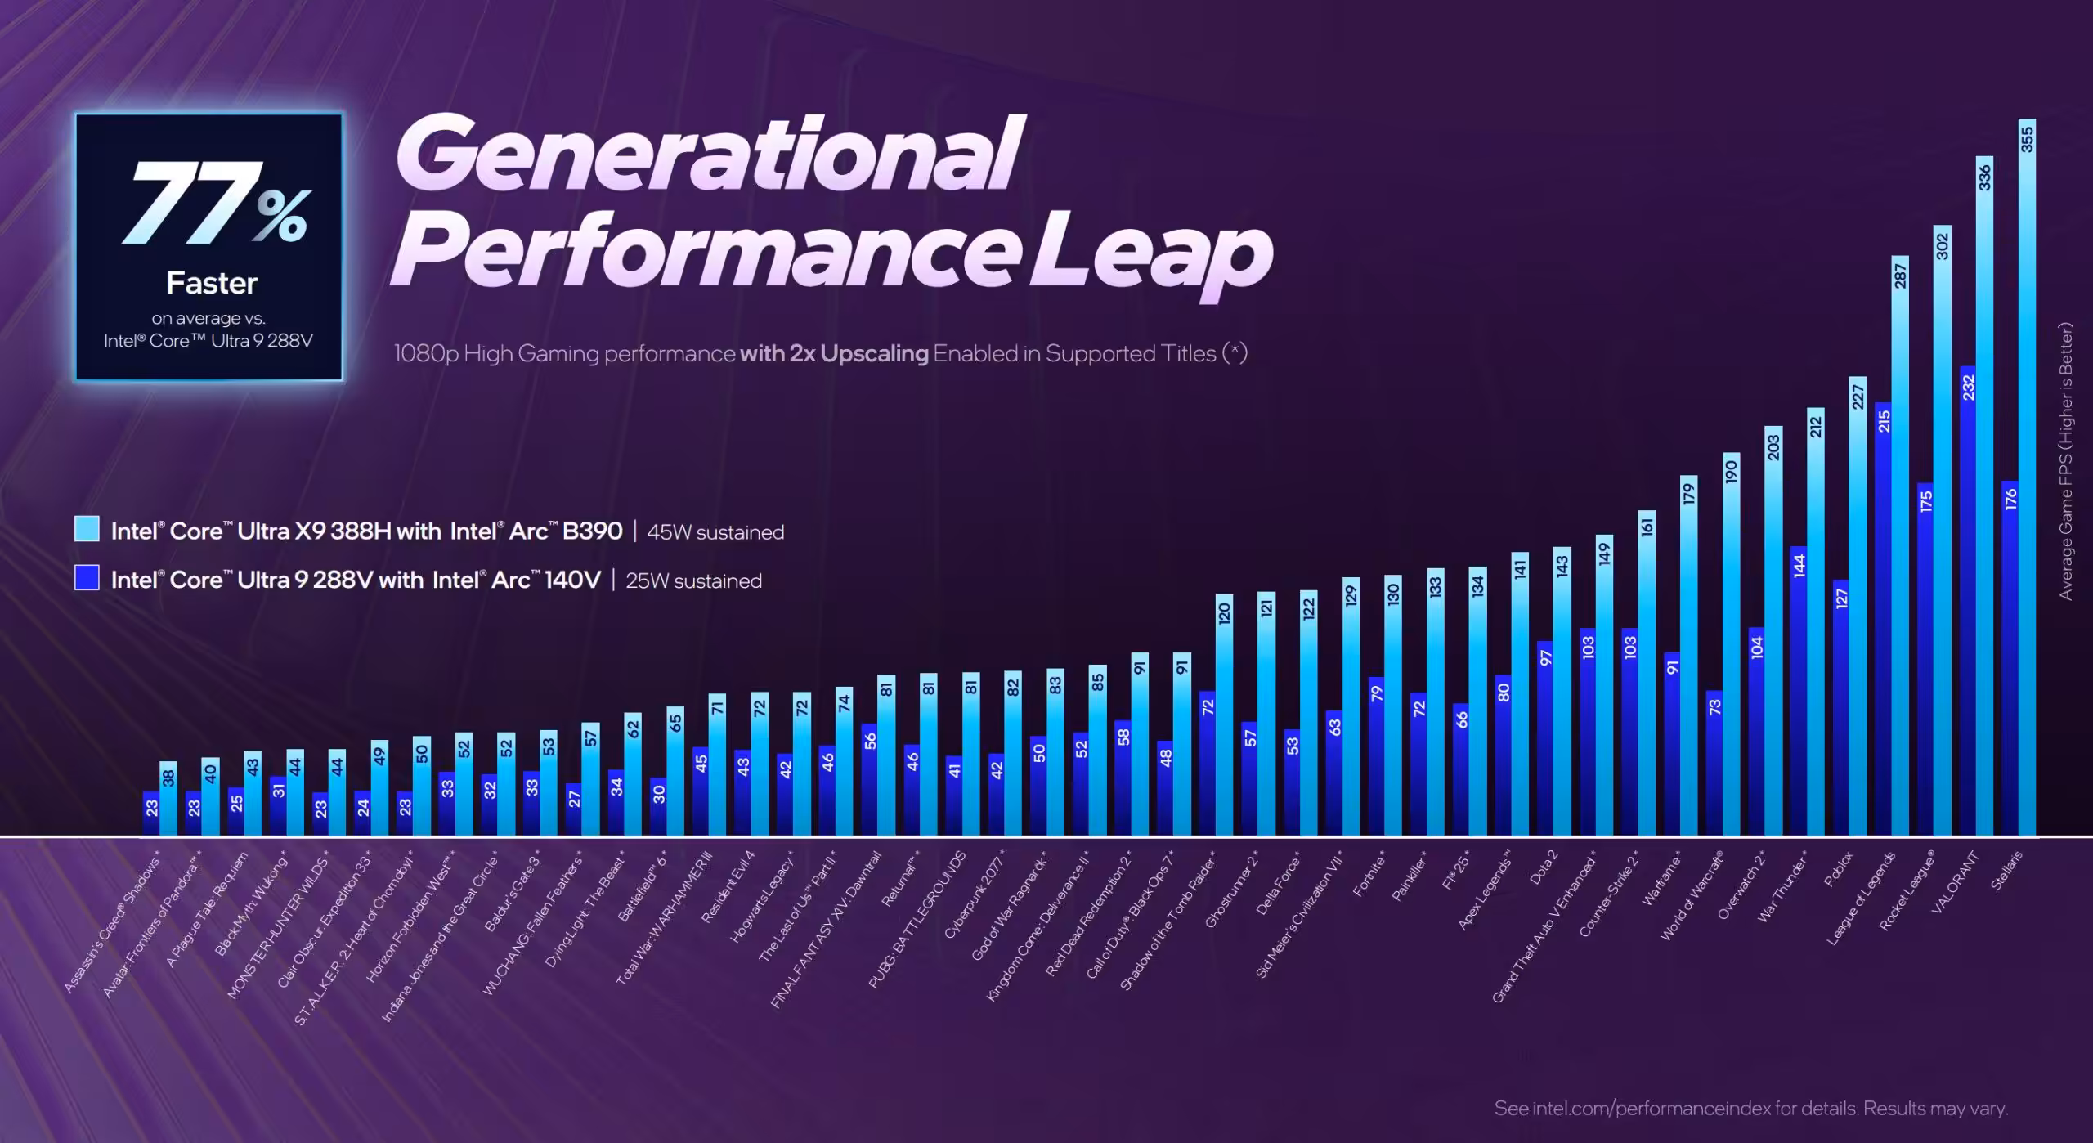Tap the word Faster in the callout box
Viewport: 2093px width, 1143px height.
tap(212, 284)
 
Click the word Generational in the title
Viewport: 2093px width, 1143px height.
tap(709, 153)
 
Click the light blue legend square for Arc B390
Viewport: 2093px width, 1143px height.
tap(87, 529)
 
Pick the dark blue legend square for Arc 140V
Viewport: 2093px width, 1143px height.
tap(87, 578)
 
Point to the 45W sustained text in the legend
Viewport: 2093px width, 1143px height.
tap(715, 532)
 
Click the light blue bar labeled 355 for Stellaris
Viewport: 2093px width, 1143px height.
tap(2026, 491)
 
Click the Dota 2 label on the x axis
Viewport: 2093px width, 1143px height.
tap(1543, 867)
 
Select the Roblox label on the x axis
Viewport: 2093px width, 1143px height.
tap(1838, 869)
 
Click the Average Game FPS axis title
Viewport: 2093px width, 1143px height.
tap(2066, 462)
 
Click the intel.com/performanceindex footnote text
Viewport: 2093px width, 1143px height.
tap(1750, 1109)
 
